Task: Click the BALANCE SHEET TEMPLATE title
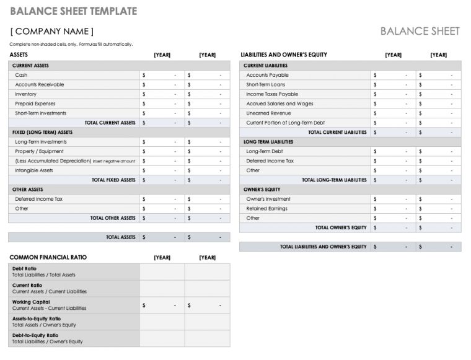click(x=73, y=11)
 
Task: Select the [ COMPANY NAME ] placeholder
click(x=53, y=31)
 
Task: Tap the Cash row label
click(x=21, y=75)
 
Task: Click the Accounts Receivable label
click(x=40, y=85)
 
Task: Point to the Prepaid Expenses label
click(x=35, y=104)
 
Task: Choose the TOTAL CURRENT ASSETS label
click(x=110, y=123)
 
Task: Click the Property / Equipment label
click(x=39, y=151)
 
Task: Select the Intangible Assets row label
click(x=34, y=170)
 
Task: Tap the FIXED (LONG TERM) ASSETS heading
click(x=42, y=132)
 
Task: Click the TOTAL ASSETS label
click(x=121, y=237)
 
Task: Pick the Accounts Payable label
click(x=267, y=75)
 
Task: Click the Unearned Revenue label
click(x=268, y=113)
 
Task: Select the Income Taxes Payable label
click(x=272, y=94)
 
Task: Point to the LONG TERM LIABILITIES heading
click(x=268, y=142)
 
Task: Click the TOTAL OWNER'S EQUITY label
click(x=341, y=227)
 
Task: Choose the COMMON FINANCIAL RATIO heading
click(x=48, y=257)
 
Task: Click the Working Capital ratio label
click(x=28, y=302)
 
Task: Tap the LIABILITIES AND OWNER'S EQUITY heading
click(x=284, y=55)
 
